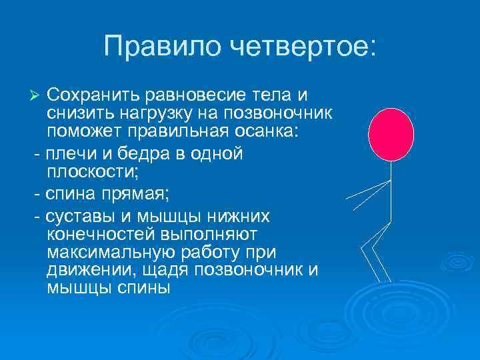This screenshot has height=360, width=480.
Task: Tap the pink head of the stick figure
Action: click(x=392, y=134)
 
